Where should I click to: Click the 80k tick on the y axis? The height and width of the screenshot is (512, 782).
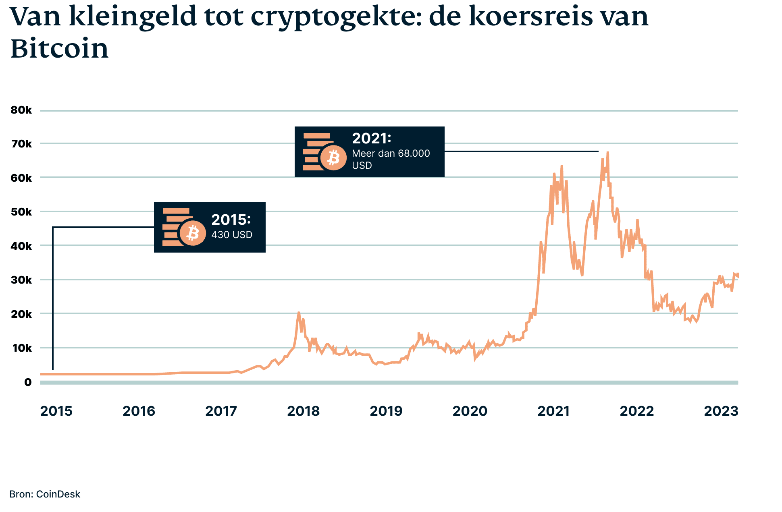coord(21,110)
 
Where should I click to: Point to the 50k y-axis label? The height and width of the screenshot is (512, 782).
coord(21,212)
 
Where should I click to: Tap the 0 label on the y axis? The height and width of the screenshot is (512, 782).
coord(27,382)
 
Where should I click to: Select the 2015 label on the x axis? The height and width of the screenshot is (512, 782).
coord(56,411)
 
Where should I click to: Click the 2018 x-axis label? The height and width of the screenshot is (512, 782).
coord(303,411)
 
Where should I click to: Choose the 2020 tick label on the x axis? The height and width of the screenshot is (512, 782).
coord(470,411)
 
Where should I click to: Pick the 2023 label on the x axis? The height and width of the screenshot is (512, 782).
coord(721,411)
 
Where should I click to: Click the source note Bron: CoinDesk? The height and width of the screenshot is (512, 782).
coord(45,494)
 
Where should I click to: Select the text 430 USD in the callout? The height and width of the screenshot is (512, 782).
coord(232,235)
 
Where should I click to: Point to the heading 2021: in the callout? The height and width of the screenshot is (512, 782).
coord(371,139)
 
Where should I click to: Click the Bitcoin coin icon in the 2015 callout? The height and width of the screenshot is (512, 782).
coord(193,233)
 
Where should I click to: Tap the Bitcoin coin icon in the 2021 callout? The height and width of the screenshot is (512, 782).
coord(333,158)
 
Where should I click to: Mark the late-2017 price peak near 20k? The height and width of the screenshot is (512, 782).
coord(299,313)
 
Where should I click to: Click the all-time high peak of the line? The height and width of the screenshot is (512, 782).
coord(607,153)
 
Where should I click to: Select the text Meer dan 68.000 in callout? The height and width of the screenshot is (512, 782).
coord(391,153)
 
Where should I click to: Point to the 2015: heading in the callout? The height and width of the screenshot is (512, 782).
coord(231,220)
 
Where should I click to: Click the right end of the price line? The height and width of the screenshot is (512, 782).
coord(737,276)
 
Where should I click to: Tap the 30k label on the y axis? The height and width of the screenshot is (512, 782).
coord(21,280)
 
